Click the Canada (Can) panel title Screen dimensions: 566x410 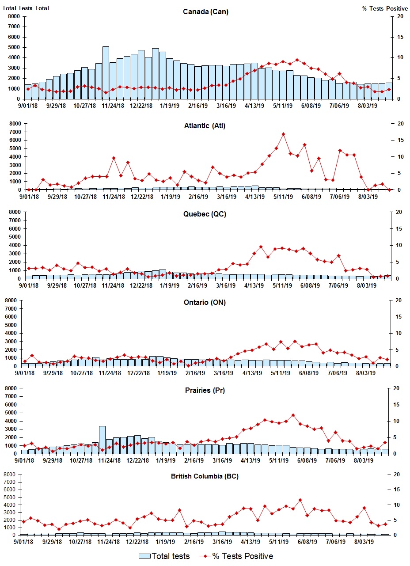205,11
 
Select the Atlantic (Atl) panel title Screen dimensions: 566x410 205,125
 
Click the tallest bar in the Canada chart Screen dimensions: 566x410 106,73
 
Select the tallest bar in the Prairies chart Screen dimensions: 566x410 102,440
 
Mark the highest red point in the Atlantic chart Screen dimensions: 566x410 283,134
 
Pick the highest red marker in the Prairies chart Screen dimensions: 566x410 293,415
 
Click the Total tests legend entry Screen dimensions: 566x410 164,556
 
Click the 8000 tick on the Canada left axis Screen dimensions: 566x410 13,16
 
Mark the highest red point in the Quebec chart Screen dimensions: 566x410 261,247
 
